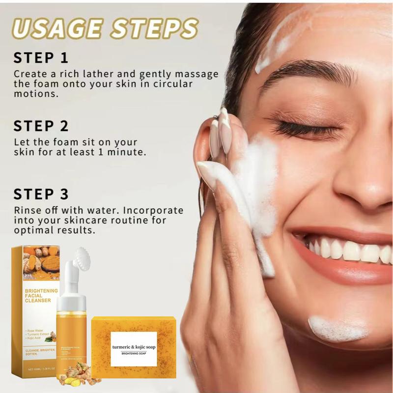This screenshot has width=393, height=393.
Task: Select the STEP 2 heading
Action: pos(41,126)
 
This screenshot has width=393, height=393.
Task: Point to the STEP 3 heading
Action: pos(41,194)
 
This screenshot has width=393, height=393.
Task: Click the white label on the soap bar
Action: pos(134,348)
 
